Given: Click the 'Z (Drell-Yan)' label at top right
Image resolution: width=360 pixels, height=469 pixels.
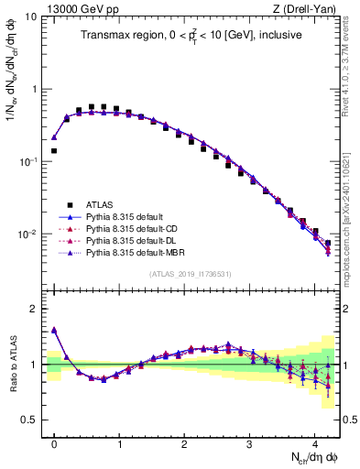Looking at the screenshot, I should tap(309, 7).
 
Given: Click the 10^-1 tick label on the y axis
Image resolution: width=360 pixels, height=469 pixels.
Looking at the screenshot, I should tap(27, 162).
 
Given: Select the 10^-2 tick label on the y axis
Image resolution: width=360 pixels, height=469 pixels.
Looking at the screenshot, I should tap(27, 234).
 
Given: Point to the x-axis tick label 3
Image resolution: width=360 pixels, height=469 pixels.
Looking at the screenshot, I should tap(250, 444).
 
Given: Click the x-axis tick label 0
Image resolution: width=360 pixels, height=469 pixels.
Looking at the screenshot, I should tap(54, 444).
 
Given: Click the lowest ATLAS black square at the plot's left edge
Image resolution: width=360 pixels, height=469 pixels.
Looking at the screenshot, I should tap(54, 150).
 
